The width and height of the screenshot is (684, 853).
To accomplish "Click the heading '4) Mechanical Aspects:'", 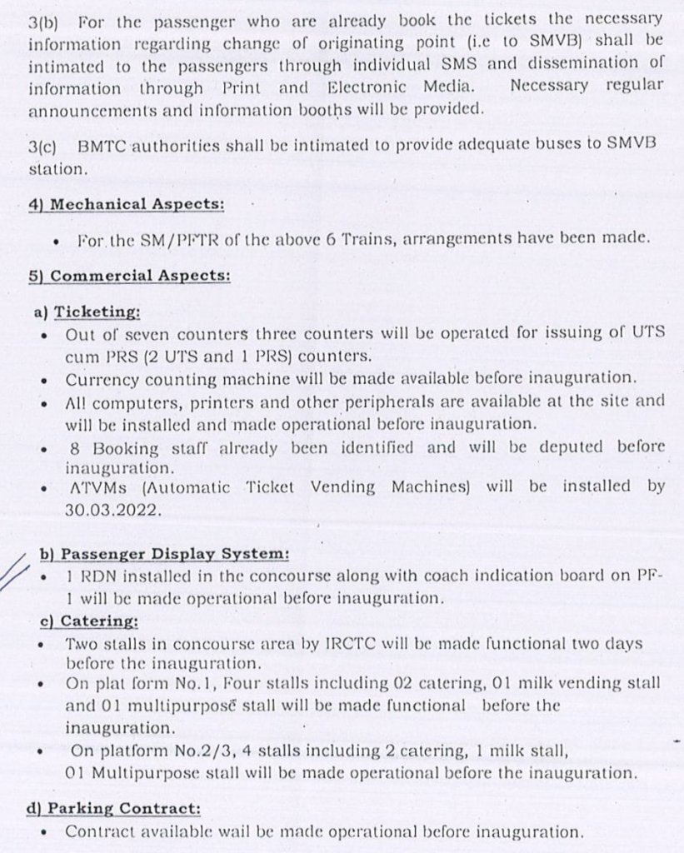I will [x=126, y=204].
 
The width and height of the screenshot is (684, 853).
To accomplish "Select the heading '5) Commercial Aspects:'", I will [x=129, y=276].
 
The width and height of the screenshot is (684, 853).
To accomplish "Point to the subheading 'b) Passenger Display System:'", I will [x=164, y=554].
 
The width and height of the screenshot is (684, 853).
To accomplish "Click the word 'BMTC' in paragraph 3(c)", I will [x=102, y=145].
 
